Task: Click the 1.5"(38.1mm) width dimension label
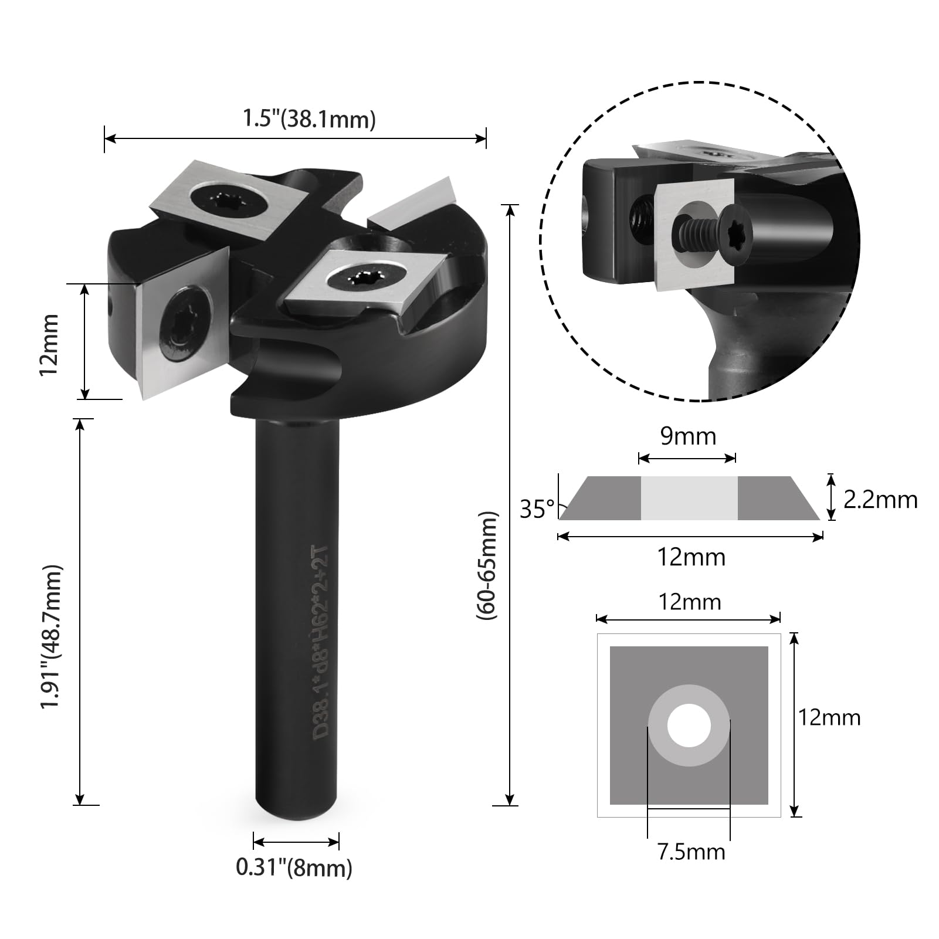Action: pos(309,119)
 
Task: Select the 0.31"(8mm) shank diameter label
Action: pos(294,867)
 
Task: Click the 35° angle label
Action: pos(537,509)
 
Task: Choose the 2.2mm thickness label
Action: pos(880,500)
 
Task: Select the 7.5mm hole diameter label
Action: pos(691,851)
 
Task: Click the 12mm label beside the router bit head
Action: pos(50,346)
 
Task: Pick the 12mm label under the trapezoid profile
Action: pos(691,557)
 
